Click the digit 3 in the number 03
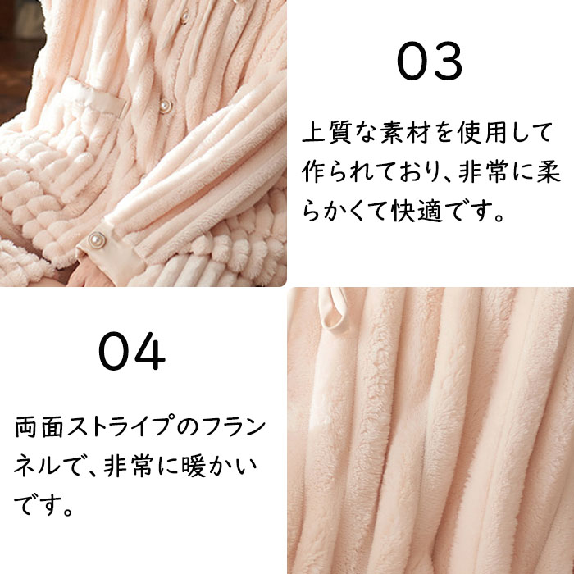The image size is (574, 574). [x=445, y=61]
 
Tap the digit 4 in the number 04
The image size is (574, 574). [x=150, y=351]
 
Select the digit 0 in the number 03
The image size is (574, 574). [x=412, y=61]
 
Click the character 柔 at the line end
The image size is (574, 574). [x=549, y=171]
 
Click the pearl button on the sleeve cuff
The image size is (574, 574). [x=97, y=239]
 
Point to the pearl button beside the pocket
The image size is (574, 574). [x=166, y=106]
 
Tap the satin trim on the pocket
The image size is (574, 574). [x=96, y=97]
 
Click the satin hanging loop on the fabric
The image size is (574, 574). [x=332, y=308]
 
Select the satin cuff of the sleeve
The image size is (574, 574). [x=109, y=253]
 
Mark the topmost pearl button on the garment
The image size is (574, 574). [x=184, y=17]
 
